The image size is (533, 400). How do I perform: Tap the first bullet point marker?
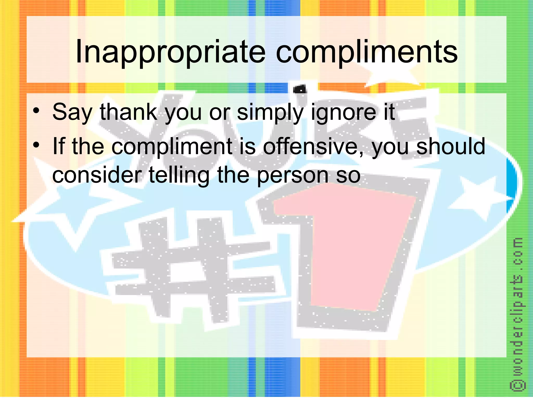point(36,110)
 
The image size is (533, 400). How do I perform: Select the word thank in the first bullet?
point(128,112)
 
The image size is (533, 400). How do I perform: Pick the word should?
point(451,146)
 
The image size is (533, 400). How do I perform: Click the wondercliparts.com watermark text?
point(518,307)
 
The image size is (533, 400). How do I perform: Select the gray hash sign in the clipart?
point(193,268)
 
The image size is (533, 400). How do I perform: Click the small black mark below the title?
point(300,89)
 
